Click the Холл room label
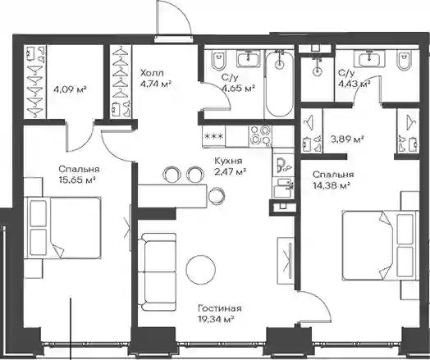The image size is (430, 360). click(x=152, y=73)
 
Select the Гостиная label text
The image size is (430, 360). click(x=220, y=308)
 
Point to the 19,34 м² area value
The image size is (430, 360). click(x=216, y=319)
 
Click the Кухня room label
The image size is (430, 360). click(x=228, y=161)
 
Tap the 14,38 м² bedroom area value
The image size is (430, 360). click(x=332, y=185)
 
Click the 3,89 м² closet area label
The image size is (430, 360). click(x=347, y=139)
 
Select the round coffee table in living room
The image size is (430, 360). click(x=200, y=269)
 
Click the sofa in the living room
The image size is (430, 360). click(x=157, y=272)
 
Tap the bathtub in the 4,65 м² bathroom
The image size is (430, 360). click(x=279, y=84)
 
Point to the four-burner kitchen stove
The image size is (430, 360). click(x=260, y=135)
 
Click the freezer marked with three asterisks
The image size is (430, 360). click(x=214, y=136)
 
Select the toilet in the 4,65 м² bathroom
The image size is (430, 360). click(x=218, y=59)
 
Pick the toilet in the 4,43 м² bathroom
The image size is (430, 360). click(x=404, y=59)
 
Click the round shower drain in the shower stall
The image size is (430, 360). click(x=317, y=71)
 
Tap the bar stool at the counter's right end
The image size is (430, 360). click(x=217, y=195)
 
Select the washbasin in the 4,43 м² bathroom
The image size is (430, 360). click(x=368, y=58)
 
